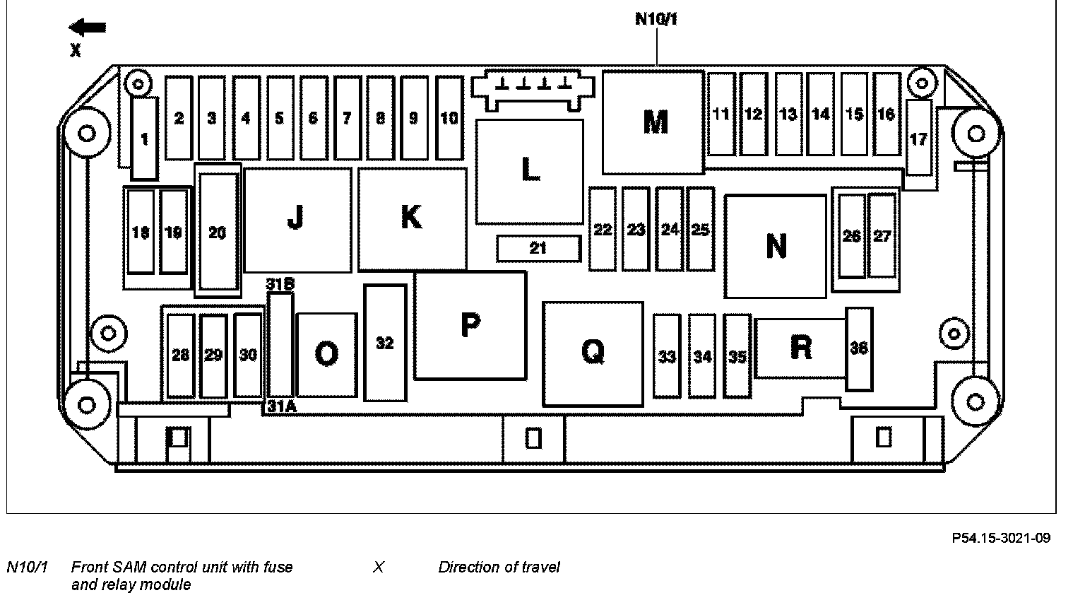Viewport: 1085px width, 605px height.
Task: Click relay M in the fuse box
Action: coord(654,122)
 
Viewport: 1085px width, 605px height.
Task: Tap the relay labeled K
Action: coord(412,218)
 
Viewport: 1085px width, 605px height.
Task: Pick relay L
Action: coord(530,171)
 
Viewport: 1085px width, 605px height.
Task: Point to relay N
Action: coord(776,246)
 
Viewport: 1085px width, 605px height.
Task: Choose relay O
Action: coord(326,353)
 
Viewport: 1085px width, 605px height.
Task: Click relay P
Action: coord(470,325)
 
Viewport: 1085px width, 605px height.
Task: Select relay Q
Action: coord(593,352)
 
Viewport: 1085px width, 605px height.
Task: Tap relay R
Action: coord(801,347)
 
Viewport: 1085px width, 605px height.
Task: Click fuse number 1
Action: coord(145,139)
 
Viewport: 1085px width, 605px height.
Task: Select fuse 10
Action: coord(449,118)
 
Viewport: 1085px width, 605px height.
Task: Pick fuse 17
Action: coord(918,139)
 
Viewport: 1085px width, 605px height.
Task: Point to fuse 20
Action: coord(218,233)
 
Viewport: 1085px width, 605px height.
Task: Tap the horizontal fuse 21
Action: coord(538,248)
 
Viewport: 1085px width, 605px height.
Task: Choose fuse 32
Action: coord(385,343)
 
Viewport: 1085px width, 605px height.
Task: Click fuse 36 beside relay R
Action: coord(859,348)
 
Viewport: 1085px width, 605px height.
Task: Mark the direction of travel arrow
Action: coord(88,28)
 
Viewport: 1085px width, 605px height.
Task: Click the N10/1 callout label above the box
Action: coord(656,18)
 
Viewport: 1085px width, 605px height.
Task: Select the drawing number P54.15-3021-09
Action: coord(1001,539)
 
